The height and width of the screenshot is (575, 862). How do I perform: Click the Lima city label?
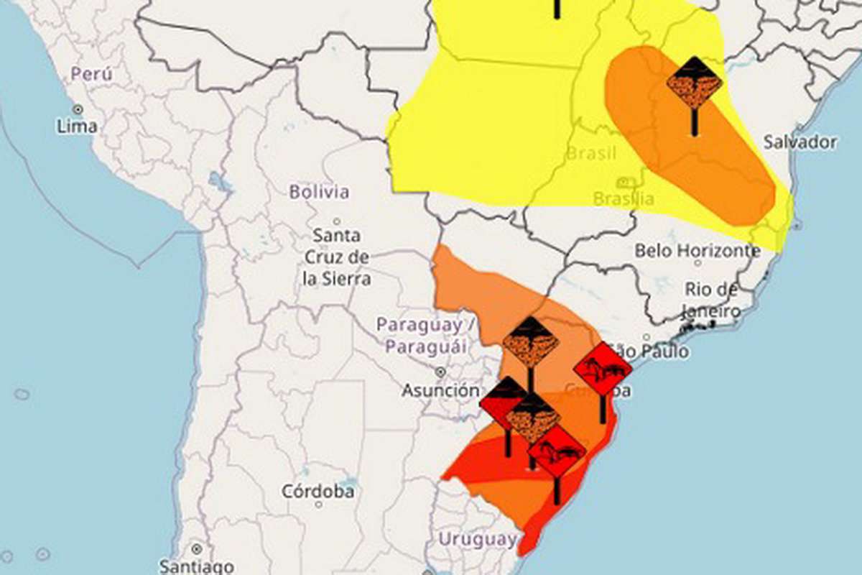point(77,126)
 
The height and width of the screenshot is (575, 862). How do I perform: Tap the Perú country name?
point(91,73)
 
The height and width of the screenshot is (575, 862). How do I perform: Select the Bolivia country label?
point(319,192)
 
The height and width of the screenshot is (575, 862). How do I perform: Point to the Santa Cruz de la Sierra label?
point(337,257)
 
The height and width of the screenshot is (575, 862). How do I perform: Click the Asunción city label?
point(440,390)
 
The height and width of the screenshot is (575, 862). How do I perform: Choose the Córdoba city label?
point(318,492)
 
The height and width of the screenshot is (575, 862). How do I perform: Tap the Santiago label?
point(196,566)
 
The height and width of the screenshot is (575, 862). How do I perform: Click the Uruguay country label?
point(477,538)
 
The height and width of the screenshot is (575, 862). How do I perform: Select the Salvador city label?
point(800,142)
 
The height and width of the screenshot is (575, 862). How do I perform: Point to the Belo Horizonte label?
point(697,251)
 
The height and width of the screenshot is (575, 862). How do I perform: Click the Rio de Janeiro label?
point(711,300)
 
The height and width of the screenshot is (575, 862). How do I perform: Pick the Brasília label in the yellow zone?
point(624,198)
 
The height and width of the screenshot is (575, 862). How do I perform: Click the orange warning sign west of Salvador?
point(694,83)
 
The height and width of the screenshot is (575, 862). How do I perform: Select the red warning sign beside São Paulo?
point(603,369)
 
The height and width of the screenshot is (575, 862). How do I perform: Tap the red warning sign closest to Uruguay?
point(557,451)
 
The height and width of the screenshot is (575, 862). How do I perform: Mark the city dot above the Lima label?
point(77,109)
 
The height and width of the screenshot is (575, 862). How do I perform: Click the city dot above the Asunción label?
point(440,372)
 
